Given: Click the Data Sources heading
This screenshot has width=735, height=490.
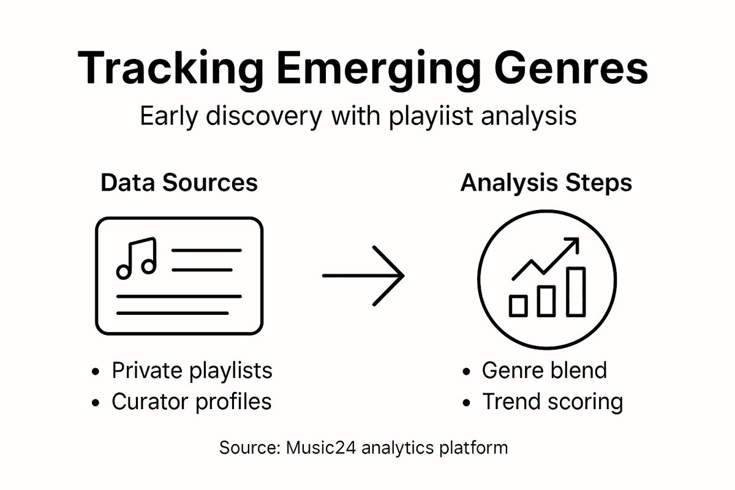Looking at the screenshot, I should [x=179, y=183].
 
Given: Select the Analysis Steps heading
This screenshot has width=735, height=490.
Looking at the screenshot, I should [x=546, y=183].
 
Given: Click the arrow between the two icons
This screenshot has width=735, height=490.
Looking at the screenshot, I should [x=363, y=276].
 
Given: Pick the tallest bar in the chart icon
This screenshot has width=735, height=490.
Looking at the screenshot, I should [x=576, y=291].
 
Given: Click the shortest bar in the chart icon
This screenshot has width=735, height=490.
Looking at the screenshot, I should [x=518, y=305].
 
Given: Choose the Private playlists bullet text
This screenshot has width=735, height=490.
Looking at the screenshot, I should [x=192, y=371].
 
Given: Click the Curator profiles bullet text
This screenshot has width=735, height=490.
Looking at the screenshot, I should [x=191, y=402].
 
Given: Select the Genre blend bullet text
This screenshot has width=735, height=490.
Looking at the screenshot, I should [x=544, y=371].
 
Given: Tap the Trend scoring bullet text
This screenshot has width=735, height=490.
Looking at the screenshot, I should [x=552, y=402].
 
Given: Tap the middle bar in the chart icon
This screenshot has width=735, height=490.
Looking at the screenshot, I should [x=546, y=300].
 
